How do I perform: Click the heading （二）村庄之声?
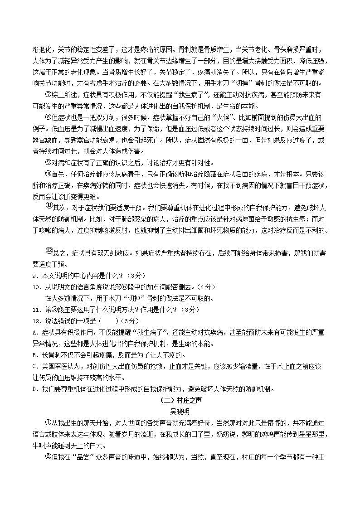pyautogui.click(x=180, y=401)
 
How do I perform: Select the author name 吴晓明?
pyautogui.click(x=180, y=412)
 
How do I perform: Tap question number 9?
pyautogui.click(x=35, y=276)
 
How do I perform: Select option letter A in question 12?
pyautogui.click(x=35, y=332)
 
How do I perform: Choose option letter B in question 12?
pyautogui.click(x=35, y=355)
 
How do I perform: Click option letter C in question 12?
pyautogui.click(x=35, y=366)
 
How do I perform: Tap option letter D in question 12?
pyautogui.click(x=35, y=389)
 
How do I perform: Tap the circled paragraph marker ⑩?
pyautogui.click(x=49, y=174)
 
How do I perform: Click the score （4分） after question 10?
pyautogui.click(x=207, y=287)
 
